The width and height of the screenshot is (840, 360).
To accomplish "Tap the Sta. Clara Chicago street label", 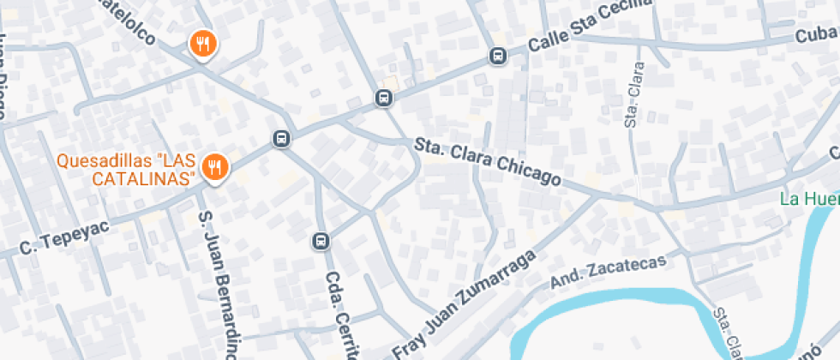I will pyautogui.click(x=487, y=161).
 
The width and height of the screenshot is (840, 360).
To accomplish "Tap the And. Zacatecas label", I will pyautogui.click(x=608, y=273).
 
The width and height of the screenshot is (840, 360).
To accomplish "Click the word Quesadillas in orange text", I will pyautogui.click(x=96, y=161).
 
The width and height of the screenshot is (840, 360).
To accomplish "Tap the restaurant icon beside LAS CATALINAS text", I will pyautogui.click(x=215, y=168).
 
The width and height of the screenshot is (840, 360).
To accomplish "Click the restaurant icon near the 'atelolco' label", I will pyautogui.click(x=202, y=42).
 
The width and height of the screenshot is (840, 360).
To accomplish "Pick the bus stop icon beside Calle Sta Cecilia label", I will pyautogui.click(x=498, y=56).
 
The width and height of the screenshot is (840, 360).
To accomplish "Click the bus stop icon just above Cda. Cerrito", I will pyautogui.click(x=321, y=241).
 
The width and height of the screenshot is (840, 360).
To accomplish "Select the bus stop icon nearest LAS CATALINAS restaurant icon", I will pyautogui.click(x=280, y=138).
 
